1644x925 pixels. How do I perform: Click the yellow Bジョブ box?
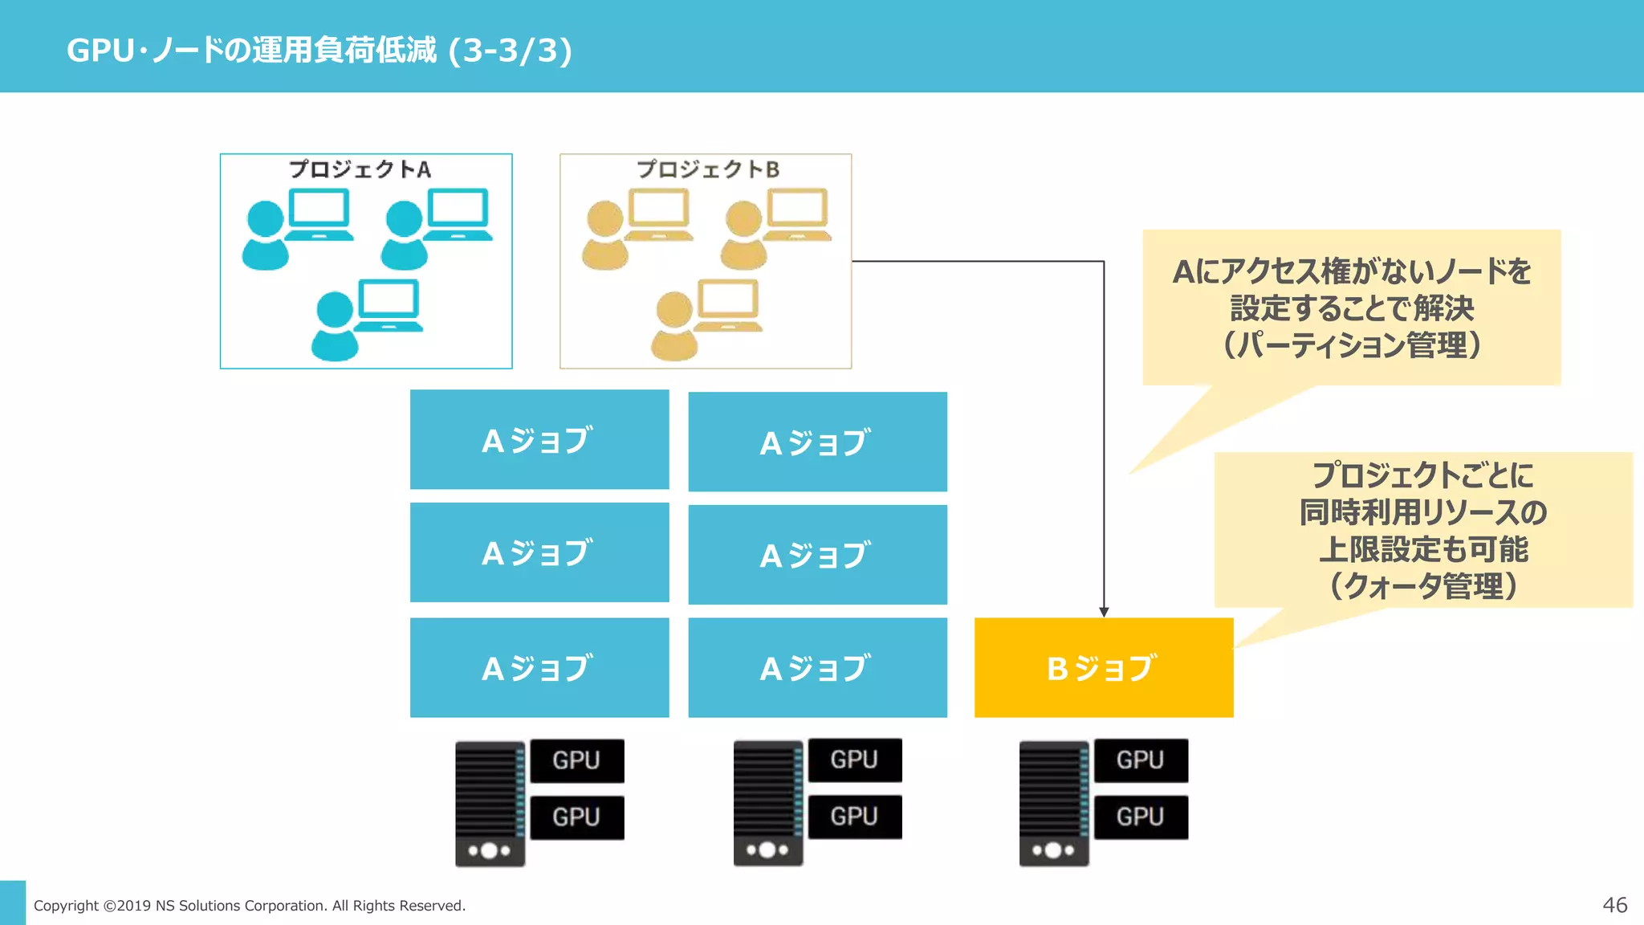coord(1103,667)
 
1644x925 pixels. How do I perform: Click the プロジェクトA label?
coord(360,169)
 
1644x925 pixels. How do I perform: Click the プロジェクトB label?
coord(707,169)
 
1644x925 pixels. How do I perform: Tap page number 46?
coord(1614,905)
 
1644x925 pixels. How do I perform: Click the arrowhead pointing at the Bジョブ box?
coord(1104,612)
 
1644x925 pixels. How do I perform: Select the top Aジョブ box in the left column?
coord(539,439)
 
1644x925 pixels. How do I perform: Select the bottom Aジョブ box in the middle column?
coord(817,667)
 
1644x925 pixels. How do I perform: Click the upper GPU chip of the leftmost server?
coord(576,760)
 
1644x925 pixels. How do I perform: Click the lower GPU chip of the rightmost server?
coord(1140,817)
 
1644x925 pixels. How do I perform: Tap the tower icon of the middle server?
coord(767,803)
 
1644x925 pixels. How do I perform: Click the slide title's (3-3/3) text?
coord(511,51)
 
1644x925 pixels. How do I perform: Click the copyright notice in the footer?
coord(250,906)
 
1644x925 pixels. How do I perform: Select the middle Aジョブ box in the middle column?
coord(817,555)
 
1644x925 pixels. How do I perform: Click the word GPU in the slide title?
coord(100,51)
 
